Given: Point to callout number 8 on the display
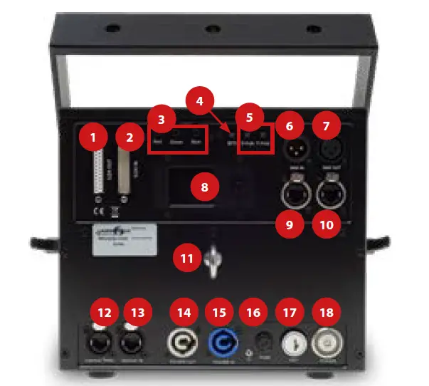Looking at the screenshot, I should [205, 187].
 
